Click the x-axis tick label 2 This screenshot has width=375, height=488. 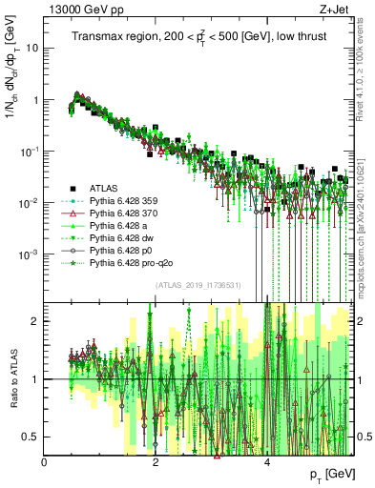click(x=156, y=462)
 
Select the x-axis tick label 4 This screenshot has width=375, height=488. click(x=268, y=462)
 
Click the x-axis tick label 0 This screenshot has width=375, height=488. click(x=45, y=462)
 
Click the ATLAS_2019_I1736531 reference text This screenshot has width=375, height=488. click(x=198, y=285)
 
